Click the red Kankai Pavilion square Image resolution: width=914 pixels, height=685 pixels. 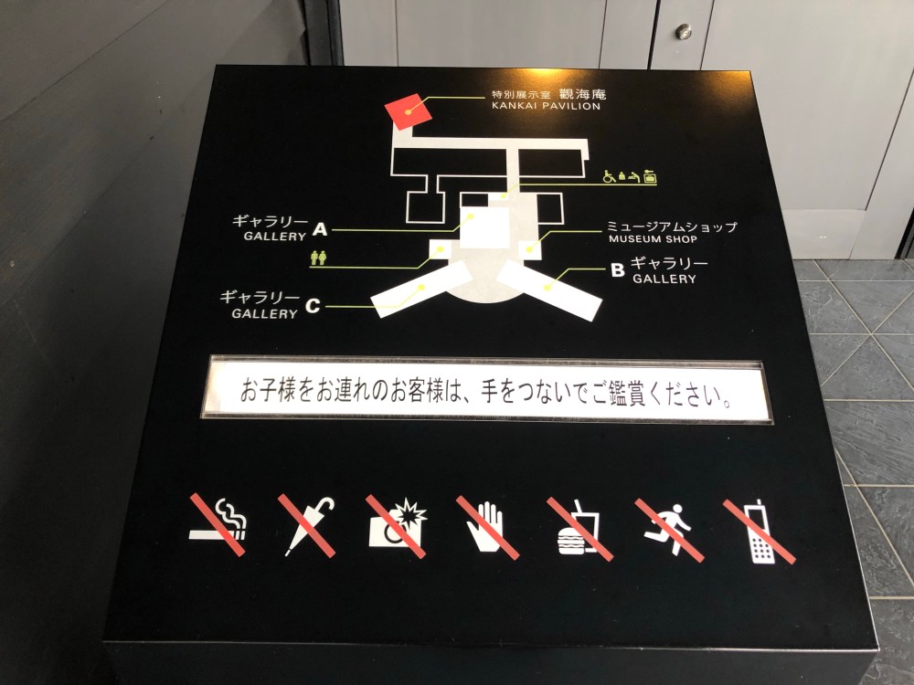point(409,111)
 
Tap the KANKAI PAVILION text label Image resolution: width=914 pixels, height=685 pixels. point(546,106)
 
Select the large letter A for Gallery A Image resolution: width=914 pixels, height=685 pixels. point(319,229)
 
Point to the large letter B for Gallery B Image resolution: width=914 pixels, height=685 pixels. point(617,269)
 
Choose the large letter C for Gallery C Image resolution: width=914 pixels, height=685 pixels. point(313,306)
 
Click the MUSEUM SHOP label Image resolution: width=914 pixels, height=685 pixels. point(653,238)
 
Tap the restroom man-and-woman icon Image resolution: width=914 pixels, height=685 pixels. point(318,258)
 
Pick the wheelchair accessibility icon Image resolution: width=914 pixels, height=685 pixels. point(609,176)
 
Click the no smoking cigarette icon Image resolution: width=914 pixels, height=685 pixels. point(218,524)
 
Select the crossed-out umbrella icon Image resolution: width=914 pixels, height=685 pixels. point(307,525)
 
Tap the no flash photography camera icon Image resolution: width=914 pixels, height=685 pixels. point(397,526)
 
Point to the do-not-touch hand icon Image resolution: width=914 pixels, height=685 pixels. point(487,527)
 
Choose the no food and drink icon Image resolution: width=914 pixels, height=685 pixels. point(579,529)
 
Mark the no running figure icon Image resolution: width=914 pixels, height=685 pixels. point(669,530)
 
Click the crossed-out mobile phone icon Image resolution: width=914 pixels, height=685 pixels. point(760,532)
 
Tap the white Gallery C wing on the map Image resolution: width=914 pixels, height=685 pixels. point(421,289)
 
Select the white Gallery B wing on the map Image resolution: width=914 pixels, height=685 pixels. point(548,290)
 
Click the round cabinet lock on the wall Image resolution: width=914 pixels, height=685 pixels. point(683,31)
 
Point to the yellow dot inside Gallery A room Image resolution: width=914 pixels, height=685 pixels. point(470,216)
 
